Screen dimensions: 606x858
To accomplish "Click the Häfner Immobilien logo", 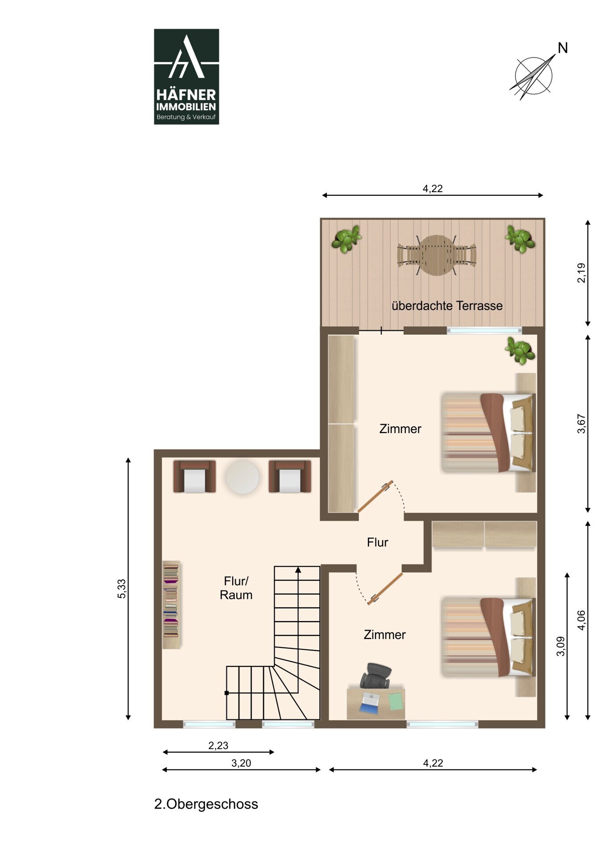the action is coord(186,76).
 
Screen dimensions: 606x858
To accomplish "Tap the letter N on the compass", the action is coord(563,48).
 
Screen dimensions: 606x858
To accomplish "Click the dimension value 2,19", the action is coord(581,273).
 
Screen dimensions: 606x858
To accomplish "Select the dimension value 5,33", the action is coord(121,589).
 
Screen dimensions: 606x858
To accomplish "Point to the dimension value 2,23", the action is coord(218,745).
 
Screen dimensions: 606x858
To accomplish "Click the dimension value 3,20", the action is coord(241,763).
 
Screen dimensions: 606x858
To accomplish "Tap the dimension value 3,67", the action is coord(581,424).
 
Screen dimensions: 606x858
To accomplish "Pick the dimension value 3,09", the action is coord(560,646).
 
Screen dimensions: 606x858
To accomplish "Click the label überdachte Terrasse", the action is coord(447,306).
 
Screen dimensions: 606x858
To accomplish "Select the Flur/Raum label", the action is coord(236,588).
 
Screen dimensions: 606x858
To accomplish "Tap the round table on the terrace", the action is coord(437,255).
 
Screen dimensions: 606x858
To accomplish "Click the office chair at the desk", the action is coord(376,676).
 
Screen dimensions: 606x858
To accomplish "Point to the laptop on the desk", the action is coord(370,702).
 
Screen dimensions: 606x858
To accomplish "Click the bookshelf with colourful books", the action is coord(171,605).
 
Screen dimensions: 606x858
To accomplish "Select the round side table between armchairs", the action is coord(242,477).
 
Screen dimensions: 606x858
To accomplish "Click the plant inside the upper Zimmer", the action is coord(520,350).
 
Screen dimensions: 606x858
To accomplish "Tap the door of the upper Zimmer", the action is coord(375,496).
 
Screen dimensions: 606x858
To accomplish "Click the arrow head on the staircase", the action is coord(298,570).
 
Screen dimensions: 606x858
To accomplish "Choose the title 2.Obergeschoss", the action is coord(206,804).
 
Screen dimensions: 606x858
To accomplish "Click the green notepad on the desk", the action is coord(396,701).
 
